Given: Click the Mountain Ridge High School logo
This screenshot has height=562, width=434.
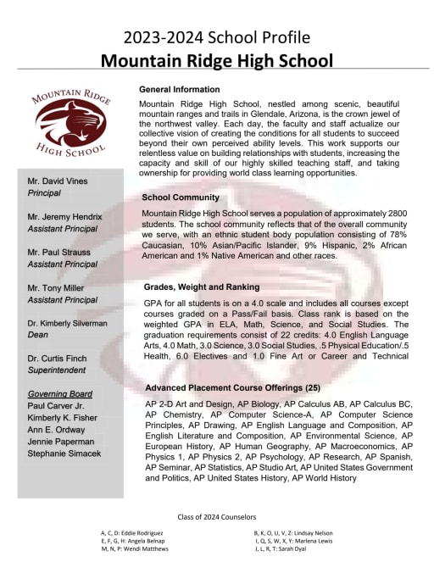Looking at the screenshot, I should tap(70, 124).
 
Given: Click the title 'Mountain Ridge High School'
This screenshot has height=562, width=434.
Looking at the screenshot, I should tap(216, 60).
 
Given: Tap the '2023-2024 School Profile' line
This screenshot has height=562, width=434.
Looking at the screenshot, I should tap(216, 37).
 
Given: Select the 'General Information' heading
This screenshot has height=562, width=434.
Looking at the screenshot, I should tap(179, 90).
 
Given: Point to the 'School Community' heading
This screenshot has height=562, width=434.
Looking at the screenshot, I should tap(181, 198).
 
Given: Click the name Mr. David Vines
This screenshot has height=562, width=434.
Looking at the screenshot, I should tap(58, 182).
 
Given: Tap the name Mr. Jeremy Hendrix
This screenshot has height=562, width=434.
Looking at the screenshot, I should tap(64, 218).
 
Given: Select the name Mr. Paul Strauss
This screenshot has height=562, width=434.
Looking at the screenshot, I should tap(59, 253).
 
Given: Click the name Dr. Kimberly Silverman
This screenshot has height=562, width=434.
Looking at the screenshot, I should tap(67, 324).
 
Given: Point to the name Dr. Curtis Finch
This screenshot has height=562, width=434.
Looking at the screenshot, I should tap(58, 359).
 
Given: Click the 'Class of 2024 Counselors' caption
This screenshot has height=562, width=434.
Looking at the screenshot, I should tap(216, 516).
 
